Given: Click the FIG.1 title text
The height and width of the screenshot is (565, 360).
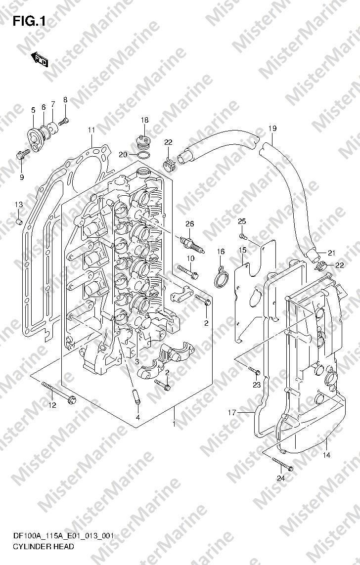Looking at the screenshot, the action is (30, 22).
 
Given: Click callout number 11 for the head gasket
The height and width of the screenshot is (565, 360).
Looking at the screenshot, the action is (91, 130).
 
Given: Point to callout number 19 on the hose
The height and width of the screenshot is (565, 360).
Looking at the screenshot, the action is (272, 128).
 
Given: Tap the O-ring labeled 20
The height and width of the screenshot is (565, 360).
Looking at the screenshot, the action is (144, 155).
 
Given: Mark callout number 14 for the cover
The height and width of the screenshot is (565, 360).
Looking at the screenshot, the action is (326, 455).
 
